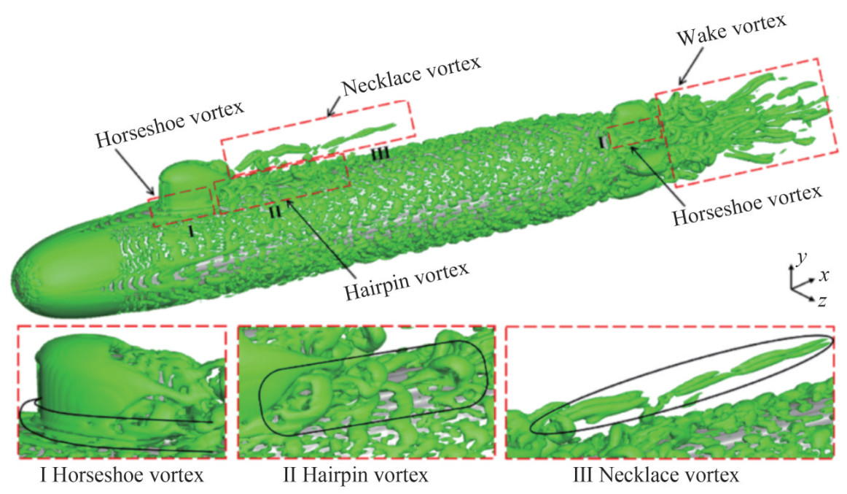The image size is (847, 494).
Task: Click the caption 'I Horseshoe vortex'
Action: (x=121, y=477)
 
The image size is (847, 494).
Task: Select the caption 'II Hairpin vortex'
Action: (x=355, y=477)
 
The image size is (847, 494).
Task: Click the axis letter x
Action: (x=824, y=275)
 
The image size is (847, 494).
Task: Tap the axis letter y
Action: (x=800, y=258)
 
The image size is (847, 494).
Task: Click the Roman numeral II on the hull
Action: (x=274, y=212)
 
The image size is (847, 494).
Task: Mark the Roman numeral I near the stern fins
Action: (x=603, y=142)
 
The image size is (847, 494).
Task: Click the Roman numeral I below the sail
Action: (x=190, y=231)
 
